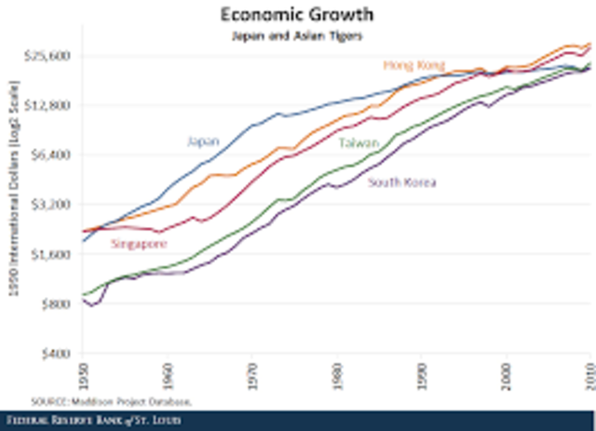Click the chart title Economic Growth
[x=298, y=15]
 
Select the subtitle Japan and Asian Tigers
[x=298, y=35]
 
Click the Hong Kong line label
[x=410, y=65]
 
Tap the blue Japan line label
[x=203, y=141]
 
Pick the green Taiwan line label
[x=359, y=142]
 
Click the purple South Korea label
[x=402, y=182]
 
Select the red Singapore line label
[x=139, y=244]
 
